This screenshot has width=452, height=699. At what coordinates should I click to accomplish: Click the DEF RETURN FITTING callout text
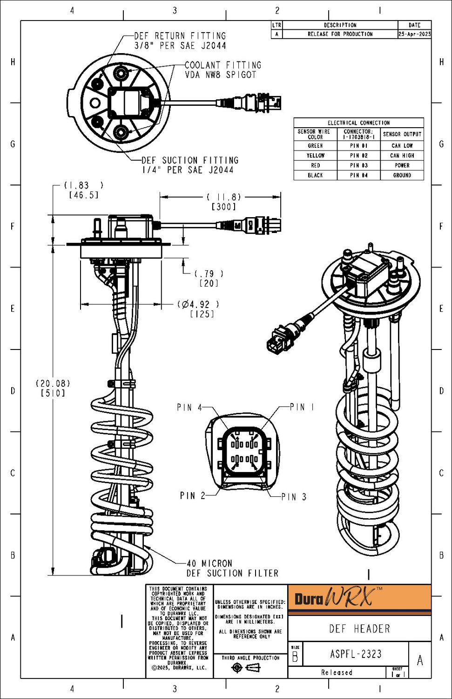pyautogui.click(x=180, y=41)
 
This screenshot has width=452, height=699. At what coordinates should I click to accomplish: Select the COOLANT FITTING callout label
pyautogui.click(x=223, y=70)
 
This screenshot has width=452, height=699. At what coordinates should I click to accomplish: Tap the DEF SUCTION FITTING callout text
pyautogui.click(x=190, y=165)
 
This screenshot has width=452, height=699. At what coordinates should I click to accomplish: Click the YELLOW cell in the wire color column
pyautogui.click(x=315, y=156)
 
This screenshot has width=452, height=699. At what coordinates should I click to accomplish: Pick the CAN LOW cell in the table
pyautogui.click(x=402, y=146)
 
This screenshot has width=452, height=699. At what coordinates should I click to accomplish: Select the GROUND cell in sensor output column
pyautogui.click(x=402, y=175)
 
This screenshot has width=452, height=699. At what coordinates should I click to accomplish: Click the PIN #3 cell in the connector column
pyautogui.click(x=359, y=165)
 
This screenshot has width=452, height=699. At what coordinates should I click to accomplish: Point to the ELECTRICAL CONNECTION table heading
pyautogui.click(x=358, y=123)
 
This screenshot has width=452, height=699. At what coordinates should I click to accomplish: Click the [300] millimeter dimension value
pyautogui.click(x=224, y=207)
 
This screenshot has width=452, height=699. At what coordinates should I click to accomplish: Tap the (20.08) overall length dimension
pyautogui.click(x=53, y=384)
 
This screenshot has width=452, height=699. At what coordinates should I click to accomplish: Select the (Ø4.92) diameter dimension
pyautogui.click(x=198, y=304)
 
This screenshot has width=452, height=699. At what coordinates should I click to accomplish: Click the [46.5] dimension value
pyautogui.click(x=84, y=195)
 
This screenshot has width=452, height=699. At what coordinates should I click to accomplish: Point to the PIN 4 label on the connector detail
pyautogui.click(x=189, y=407)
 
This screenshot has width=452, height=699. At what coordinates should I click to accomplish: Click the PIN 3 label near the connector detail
pyautogui.click(x=294, y=497)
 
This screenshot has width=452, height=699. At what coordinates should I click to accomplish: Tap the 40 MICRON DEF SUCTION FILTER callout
pyautogui.click(x=232, y=569)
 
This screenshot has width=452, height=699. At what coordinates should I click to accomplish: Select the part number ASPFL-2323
pyautogui.click(x=356, y=654)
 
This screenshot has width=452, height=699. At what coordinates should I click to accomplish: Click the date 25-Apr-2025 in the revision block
pyautogui.click(x=414, y=34)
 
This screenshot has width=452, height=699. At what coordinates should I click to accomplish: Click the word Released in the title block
pyautogui.click(x=337, y=672)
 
